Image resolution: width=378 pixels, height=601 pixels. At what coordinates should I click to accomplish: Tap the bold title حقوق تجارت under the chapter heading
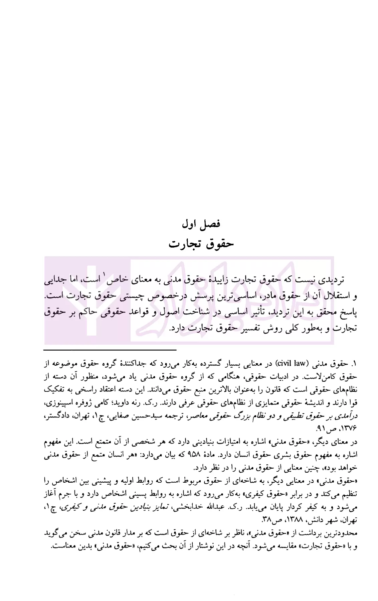201,244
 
